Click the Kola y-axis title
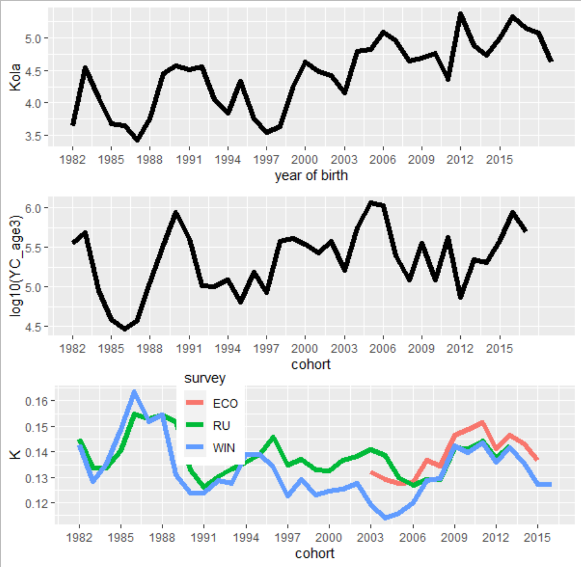(x=15, y=78)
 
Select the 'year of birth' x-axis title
(x=311, y=175)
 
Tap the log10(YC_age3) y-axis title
(x=15, y=266)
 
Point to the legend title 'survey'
(x=204, y=378)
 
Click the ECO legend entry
(x=225, y=403)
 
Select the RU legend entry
(x=221, y=425)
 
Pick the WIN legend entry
(x=224, y=448)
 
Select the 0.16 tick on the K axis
(x=36, y=402)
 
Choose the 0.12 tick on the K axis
(x=36, y=504)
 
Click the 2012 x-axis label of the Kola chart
(x=460, y=160)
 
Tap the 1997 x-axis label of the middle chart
(x=266, y=349)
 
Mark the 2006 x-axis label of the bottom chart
(x=412, y=537)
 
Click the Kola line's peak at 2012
(x=460, y=14)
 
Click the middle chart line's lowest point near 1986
(x=125, y=329)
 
